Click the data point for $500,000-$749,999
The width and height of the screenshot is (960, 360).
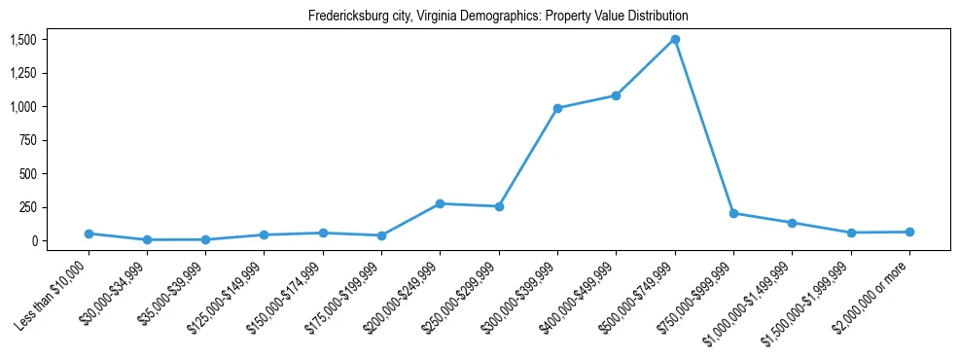(x=675, y=40)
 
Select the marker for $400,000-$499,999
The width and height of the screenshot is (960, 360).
(x=616, y=95)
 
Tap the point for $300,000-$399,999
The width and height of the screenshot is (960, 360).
(x=557, y=108)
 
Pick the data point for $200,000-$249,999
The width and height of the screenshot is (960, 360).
(x=440, y=203)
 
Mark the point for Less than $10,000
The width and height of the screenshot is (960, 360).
(x=89, y=234)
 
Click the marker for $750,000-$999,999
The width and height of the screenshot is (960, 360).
(x=733, y=213)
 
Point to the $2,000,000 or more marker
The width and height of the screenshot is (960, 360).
(x=909, y=232)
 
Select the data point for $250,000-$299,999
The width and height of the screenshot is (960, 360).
(x=499, y=206)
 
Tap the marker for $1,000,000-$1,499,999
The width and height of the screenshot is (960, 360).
(x=792, y=223)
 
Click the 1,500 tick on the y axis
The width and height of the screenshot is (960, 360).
(x=22, y=40)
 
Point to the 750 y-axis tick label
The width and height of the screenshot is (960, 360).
(x=27, y=140)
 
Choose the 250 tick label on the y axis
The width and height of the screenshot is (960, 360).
(x=27, y=207)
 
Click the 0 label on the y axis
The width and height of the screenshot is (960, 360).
(x=33, y=240)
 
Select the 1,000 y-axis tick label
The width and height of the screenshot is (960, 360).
(x=22, y=106)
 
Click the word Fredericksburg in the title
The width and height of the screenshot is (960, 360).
(x=347, y=17)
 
